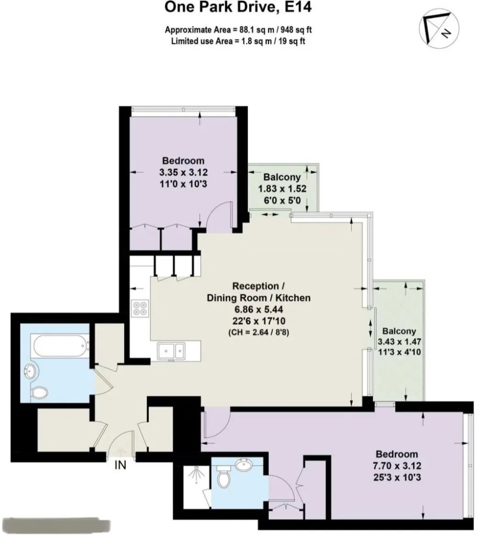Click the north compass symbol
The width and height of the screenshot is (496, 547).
pos(439,28)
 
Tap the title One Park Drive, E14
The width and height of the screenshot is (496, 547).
pos(238,7)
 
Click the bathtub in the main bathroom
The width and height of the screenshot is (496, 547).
pos(60,346)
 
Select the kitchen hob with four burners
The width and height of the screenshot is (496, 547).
pos(140,308)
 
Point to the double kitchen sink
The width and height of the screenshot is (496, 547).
pos(171,351)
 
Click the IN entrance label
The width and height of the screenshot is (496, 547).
pos(120,465)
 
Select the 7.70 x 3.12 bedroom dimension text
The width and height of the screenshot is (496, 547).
pos(397,466)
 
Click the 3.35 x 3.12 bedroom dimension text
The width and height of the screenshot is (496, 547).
pos(183,173)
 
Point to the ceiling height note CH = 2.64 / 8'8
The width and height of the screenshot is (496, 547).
pos(259,332)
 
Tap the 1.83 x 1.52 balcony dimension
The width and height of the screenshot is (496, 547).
pos(282,189)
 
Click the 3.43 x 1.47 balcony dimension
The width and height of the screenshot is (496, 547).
pos(399,341)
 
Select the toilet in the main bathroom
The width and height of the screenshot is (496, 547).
pos(39,392)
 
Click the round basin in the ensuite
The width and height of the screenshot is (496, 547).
pos(244,464)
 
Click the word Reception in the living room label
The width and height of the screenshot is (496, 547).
pos(255,286)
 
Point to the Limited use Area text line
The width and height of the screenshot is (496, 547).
pos(238,41)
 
